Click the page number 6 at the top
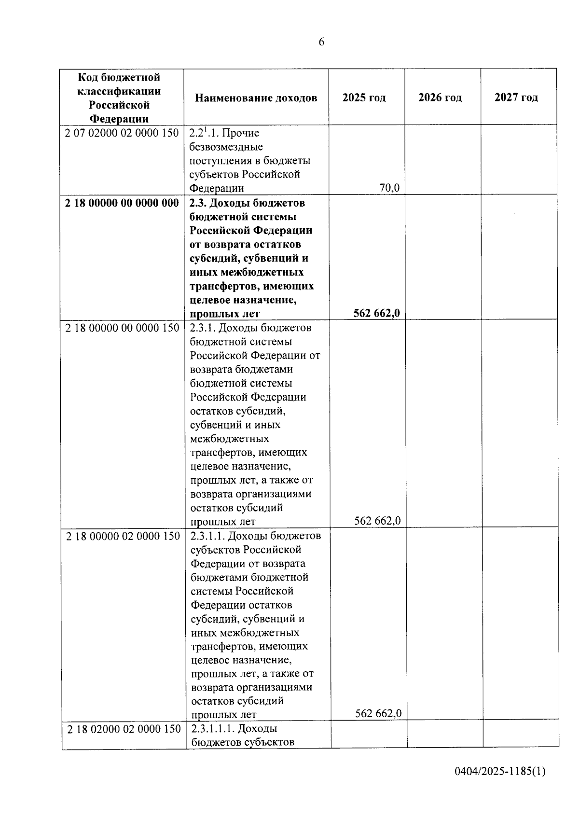coord(321,42)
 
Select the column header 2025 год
coord(364,97)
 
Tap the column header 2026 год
coord(440,97)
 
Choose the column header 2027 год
coord(516,97)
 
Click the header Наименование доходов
coord(256,98)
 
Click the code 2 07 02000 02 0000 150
coord(122,133)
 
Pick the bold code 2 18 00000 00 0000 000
coord(122,203)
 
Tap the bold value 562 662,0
coord(376,313)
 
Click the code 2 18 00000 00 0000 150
coord(122,328)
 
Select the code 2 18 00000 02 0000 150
coord(123,536)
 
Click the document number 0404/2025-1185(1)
coord(500,771)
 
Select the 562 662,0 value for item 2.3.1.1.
coord(378,713)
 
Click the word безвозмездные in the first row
coord(226,147)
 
